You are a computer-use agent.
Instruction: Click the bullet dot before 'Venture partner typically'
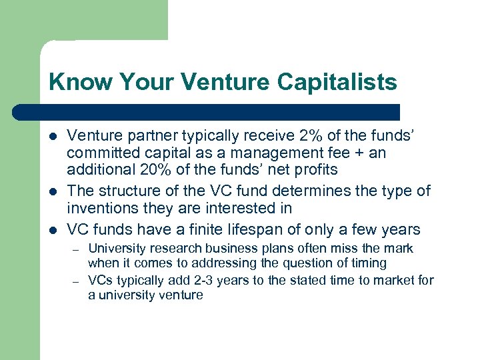[53, 137]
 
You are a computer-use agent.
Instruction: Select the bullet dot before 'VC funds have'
[53, 231]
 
